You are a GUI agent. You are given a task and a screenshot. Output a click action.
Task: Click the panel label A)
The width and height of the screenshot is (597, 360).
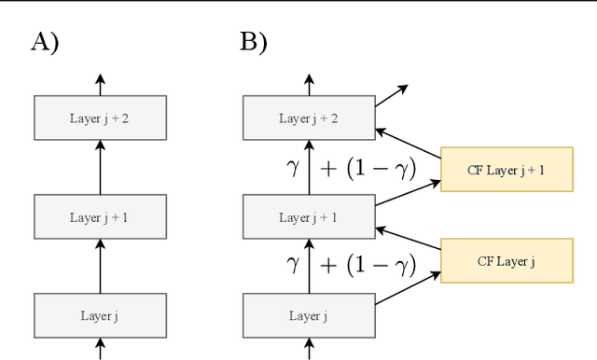45,42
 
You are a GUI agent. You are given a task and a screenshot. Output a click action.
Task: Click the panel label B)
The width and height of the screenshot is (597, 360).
255,42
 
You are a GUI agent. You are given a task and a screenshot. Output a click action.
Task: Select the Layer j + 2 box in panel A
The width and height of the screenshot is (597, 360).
100,118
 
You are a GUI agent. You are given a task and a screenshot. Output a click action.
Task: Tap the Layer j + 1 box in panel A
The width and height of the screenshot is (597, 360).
100,217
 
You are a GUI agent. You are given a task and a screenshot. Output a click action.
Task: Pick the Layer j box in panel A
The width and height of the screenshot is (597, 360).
100,315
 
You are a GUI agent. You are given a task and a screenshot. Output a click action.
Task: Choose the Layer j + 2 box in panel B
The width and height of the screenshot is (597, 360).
310,118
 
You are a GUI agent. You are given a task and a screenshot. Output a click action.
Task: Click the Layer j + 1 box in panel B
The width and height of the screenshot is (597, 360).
310,217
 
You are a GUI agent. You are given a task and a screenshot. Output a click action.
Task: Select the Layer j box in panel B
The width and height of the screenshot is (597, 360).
310,315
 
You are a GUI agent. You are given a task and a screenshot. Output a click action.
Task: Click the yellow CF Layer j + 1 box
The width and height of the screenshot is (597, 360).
507,169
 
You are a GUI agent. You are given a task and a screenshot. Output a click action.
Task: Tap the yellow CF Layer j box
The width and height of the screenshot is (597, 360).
507,261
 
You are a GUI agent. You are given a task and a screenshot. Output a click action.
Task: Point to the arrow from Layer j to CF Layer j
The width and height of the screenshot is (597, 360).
408,287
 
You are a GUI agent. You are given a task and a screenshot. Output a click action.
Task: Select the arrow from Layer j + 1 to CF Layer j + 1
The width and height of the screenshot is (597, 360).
408,193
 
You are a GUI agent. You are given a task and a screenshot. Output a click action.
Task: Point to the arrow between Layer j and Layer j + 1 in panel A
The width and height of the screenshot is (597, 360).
100,266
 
